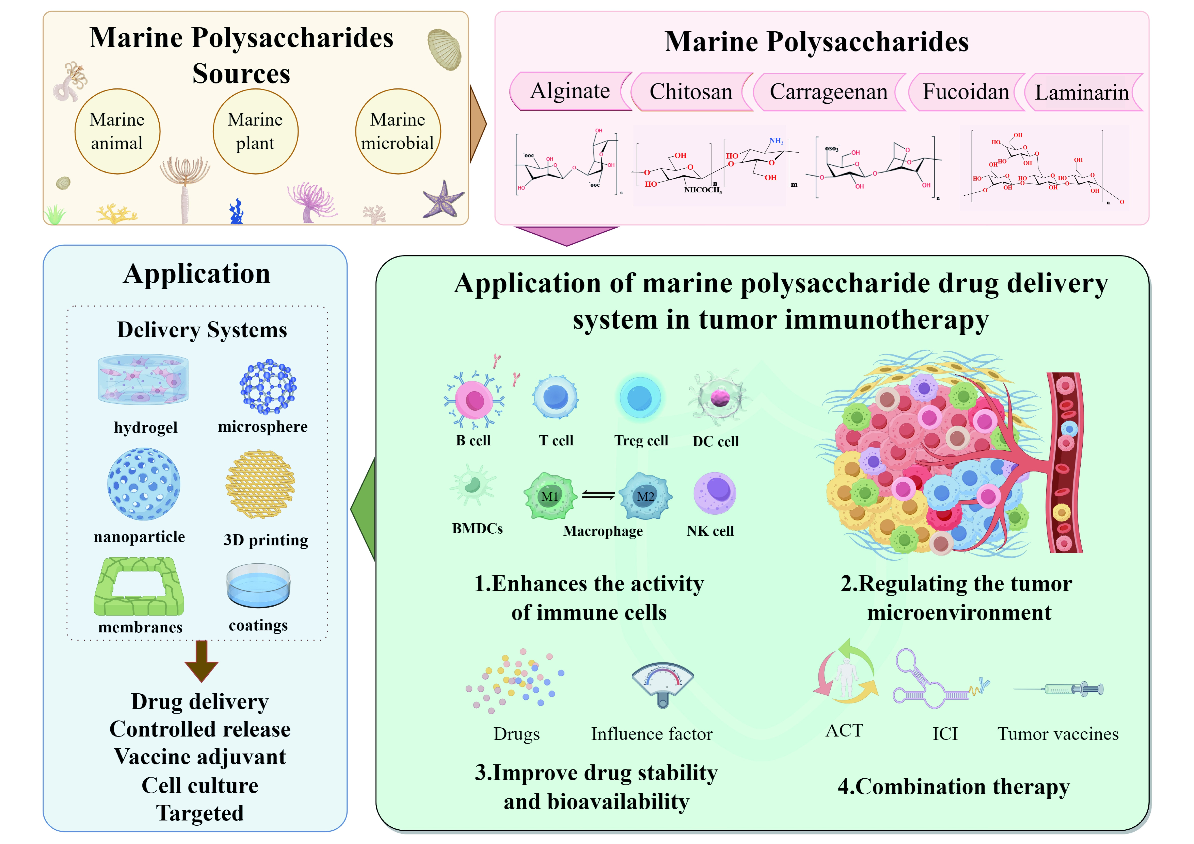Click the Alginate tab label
coord(570,92)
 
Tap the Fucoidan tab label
coord(966,92)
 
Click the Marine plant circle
coord(255,131)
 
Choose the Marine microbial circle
coord(398,131)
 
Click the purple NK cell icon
coord(715,493)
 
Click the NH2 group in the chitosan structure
coord(776,141)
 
